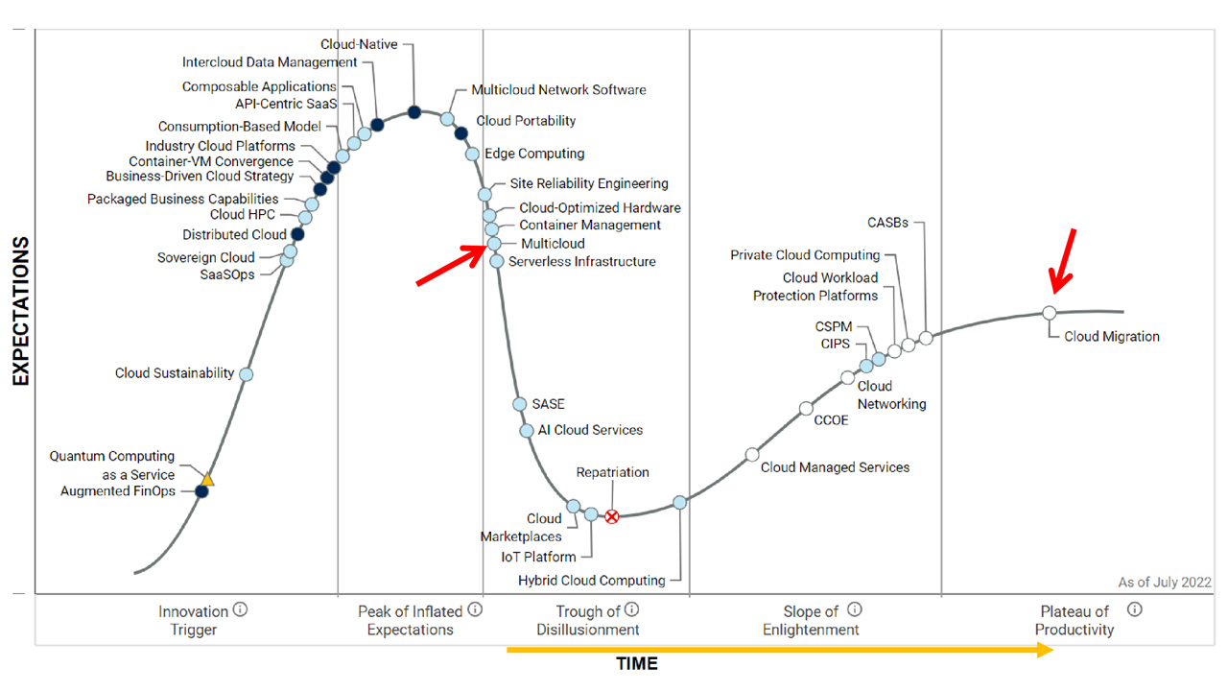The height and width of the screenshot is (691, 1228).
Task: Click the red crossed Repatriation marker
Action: tap(611, 516)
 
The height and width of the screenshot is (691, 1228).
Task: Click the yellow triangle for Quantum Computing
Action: tap(207, 479)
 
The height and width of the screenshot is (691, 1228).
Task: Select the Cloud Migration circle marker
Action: tap(1049, 313)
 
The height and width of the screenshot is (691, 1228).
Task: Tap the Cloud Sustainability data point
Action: tap(246, 374)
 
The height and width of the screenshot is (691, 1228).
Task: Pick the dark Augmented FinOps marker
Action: tap(201, 491)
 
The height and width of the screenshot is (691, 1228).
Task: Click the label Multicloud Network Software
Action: tap(558, 90)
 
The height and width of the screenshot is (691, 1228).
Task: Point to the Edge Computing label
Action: tap(533, 154)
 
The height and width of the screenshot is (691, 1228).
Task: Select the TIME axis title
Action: tap(637, 664)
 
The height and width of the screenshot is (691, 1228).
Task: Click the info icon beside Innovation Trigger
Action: tap(240, 609)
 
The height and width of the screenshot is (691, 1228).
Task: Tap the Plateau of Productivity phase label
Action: tap(1074, 621)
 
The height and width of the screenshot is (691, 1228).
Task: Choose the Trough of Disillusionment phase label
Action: tap(598, 621)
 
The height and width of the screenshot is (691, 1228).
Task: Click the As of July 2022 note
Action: tap(1164, 583)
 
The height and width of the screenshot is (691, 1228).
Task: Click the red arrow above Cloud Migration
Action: tap(1063, 261)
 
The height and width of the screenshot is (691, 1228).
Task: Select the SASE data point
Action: tap(519, 404)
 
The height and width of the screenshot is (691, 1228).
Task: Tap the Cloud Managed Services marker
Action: tap(752, 455)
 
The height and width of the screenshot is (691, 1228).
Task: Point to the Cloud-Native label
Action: tap(359, 44)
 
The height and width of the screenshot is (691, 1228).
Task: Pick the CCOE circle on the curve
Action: tap(806, 409)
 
